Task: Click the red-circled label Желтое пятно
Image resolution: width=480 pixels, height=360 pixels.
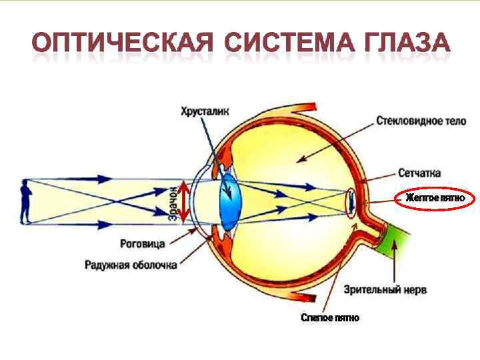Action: click(435, 199)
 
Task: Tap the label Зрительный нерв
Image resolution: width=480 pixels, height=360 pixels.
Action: click(385, 290)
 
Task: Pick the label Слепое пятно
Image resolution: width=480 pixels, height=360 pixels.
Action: click(330, 318)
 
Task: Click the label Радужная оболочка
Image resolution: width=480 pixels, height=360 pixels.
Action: click(131, 265)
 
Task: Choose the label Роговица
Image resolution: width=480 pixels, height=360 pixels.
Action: click(143, 244)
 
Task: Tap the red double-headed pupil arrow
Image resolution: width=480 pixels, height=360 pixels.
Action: click(185, 201)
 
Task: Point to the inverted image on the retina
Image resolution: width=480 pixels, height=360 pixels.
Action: click(352, 201)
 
